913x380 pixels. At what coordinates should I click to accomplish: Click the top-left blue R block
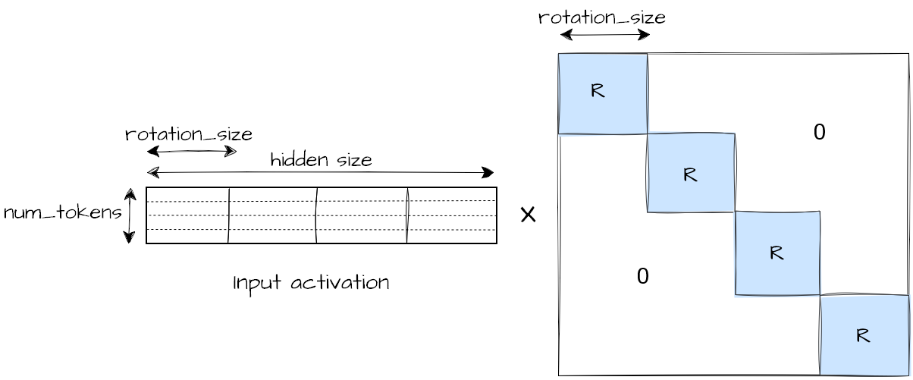(x=603, y=93)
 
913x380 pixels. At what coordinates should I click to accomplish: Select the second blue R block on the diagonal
(x=691, y=173)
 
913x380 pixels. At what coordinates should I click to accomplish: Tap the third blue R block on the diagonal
(x=777, y=253)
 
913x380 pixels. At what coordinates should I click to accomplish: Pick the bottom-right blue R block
(x=864, y=334)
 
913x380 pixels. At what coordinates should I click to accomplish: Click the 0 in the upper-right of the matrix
(x=819, y=132)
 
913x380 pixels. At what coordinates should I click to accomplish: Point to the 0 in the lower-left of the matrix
(x=642, y=276)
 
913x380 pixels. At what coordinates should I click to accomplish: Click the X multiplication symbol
(x=528, y=215)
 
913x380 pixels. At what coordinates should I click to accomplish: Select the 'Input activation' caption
(x=311, y=283)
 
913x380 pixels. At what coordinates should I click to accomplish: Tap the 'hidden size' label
(x=321, y=160)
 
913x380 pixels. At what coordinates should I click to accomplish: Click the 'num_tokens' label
(x=62, y=213)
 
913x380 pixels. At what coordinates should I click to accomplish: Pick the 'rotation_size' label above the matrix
(x=601, y=17)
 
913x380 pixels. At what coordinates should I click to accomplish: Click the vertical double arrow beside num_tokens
(x=130, y=216)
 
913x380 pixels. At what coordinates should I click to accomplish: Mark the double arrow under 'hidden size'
(x=320, y=173)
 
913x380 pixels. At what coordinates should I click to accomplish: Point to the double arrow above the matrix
(x=605, y=35)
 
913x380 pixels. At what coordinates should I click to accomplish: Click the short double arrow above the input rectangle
(x=192, y=152)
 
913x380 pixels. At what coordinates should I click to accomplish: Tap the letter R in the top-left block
(x=598, y=91)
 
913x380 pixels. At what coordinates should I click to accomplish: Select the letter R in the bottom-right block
(x=862, y=335)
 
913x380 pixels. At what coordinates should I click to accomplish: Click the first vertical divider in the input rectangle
(x=228, y=215)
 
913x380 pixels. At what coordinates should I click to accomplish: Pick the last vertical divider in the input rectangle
(x=407, y=215)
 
